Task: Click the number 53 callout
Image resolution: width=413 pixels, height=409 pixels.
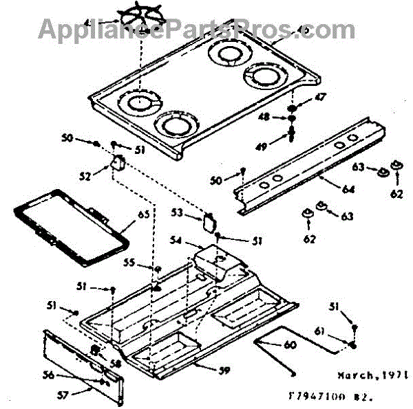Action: [177, 214]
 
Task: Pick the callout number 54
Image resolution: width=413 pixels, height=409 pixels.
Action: [176, 241]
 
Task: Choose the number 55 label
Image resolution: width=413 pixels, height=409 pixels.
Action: [128, 263]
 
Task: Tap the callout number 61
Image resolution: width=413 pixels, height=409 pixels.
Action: [337, 332]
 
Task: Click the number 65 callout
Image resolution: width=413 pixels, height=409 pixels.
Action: [143, 214]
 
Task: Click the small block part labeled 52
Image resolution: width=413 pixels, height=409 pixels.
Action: [117, 164]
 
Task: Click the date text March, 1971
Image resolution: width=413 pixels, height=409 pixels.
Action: [372, 376]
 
